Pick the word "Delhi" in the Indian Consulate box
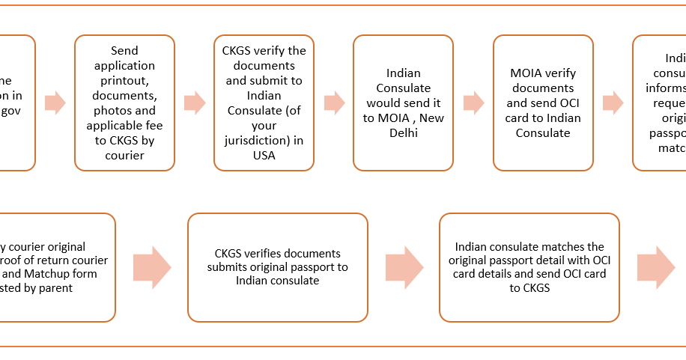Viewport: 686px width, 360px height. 404,133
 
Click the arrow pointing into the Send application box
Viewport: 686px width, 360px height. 55,103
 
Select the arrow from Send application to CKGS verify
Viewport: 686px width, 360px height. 195,103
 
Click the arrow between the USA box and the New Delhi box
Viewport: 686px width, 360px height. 334,103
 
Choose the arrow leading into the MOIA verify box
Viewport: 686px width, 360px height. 473,103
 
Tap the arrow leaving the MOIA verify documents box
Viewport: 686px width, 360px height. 613,103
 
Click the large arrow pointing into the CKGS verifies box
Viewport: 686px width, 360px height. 152,267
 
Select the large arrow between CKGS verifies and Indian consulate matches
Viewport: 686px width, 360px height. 404,267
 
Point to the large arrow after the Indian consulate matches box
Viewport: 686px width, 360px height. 655,267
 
